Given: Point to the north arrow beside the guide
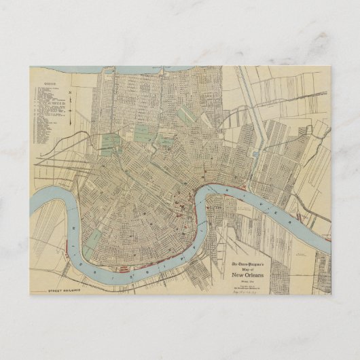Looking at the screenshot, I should tap(72, 105).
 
